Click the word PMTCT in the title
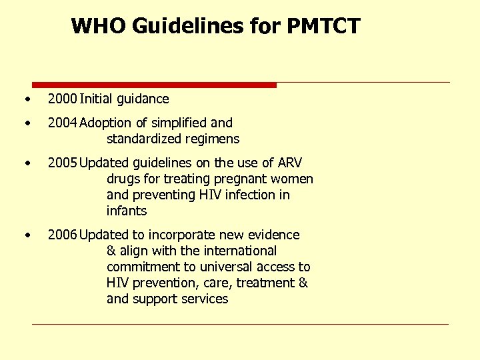(x=323, y=26)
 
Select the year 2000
(x=62, y=99)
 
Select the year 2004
(x=62, y=123)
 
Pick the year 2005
(x=62, y=163)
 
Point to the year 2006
(x=62, y=235)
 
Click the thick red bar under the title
(x=154, y=85)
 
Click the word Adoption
(x=109, y=123)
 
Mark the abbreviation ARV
(x=290, y=163)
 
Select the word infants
(x=126, y=211)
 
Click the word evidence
(x=274, y=235)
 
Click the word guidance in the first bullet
(x=143, y=99)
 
